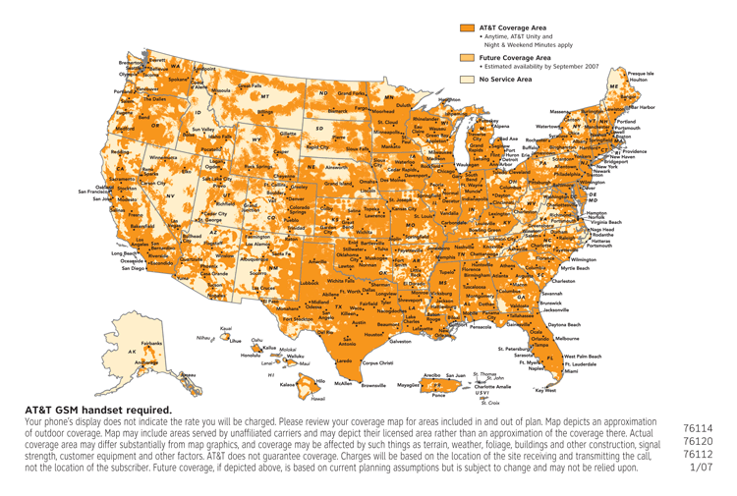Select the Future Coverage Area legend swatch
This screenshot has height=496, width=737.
coord(467,59)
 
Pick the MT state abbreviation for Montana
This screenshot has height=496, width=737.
coord(264,97)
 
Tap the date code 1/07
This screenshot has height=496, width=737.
coord(702,467)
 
